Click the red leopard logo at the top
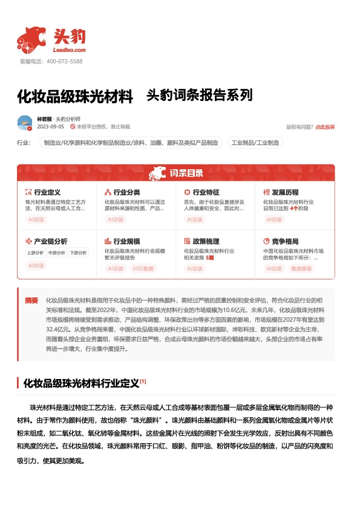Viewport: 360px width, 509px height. (x=31, y=39)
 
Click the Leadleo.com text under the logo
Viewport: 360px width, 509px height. (x=70, y=50)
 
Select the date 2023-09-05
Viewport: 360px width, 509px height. (x=50, y=127)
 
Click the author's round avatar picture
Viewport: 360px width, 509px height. (x=25, y=123)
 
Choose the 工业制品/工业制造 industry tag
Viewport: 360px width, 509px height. (x=255, y=143)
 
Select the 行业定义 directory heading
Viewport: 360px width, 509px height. (x=47, y=192)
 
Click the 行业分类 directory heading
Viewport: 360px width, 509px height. (x=126, y=192)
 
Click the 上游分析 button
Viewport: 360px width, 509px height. (x=35, y=253)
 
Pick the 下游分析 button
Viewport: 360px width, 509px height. (x=77, y=253)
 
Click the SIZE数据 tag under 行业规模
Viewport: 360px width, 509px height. (x=143, y=268)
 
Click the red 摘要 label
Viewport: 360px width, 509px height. (x=31, y=300)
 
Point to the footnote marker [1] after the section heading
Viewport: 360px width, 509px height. (x=143, y=381)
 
